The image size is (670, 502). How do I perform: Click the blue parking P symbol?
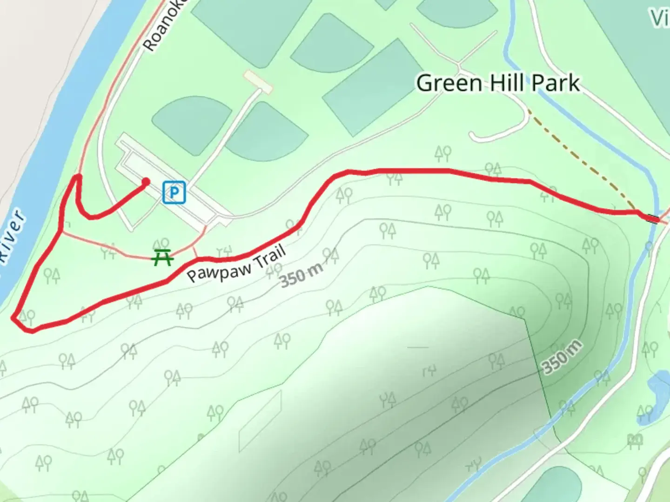point(174,192)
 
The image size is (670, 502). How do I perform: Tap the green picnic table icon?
point(163,257)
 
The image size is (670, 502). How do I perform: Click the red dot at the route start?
point(146,182)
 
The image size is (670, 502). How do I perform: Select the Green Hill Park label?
point(498,84)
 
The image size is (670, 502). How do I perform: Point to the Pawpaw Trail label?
point(236,264)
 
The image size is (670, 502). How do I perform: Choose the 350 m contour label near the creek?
point(562,357)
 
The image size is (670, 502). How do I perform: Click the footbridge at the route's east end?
point(653,218)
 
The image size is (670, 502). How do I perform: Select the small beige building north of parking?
point(258,81)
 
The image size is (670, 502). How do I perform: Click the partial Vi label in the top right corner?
point(660,19)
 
